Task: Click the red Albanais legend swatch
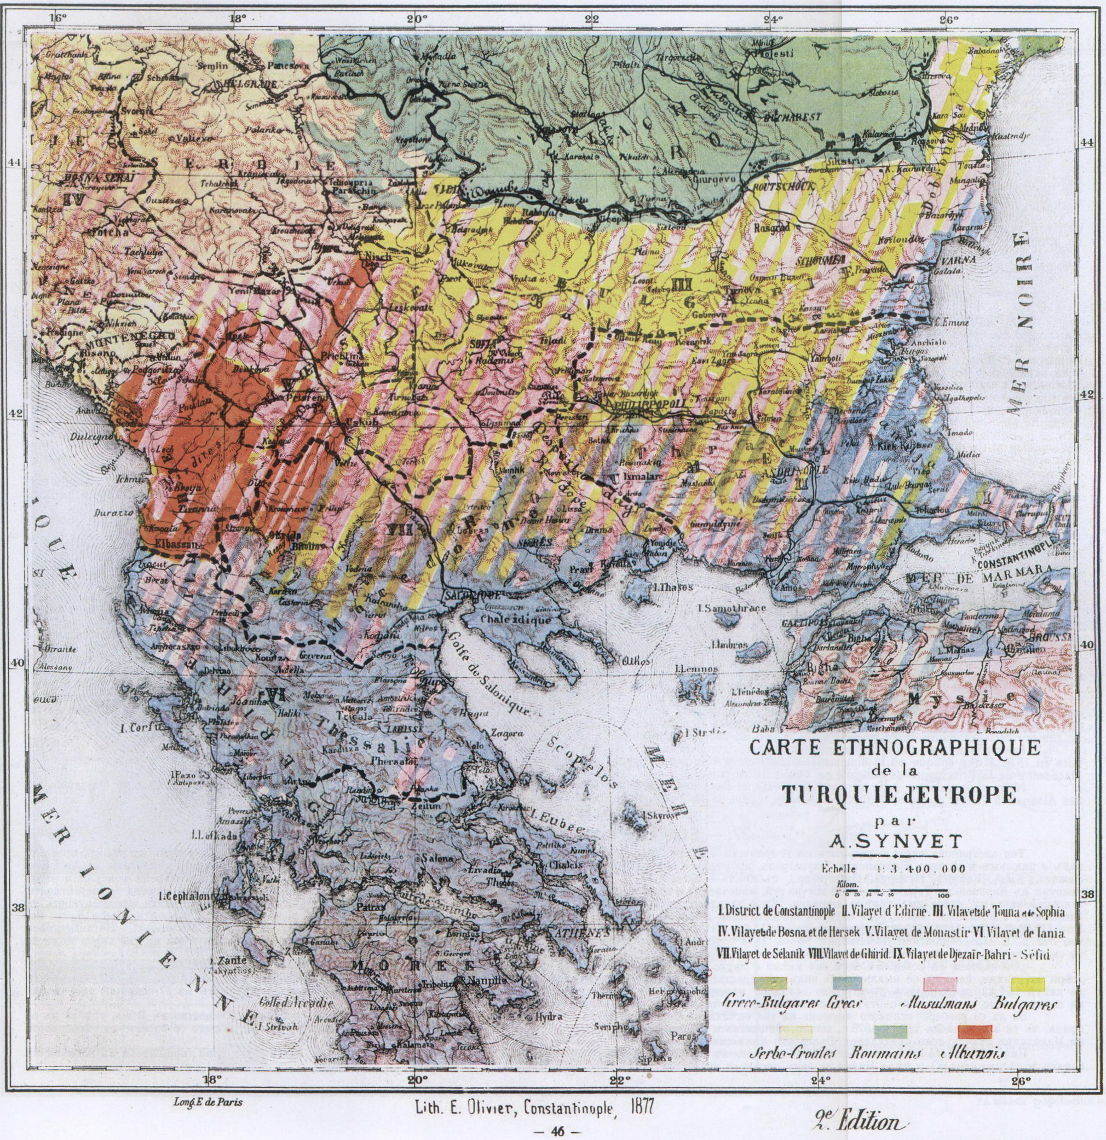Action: click(975, 1031)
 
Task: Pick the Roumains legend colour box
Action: click(890, 1031)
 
